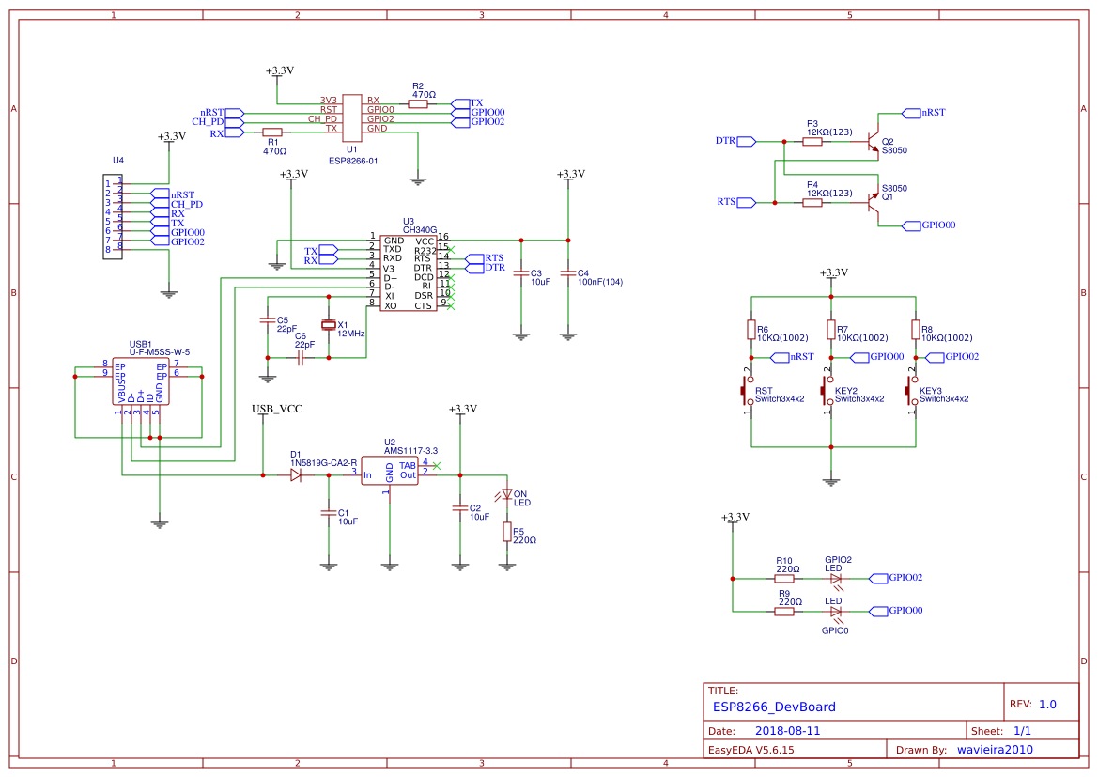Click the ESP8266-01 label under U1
click(x=352, y=161)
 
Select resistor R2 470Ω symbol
click(x=418, y=104)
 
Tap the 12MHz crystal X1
click(x=328, y=325)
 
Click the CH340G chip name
click(x=420, y=229)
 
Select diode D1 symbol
click(x=296, y=475)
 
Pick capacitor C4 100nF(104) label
click(x=600, y=282)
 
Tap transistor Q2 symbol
click(x=874, y=141)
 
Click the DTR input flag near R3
click(x=747, y=142)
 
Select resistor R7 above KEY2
click(x=830, y=329)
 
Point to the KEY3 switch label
click(x=930, y=390)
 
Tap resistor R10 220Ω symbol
click(x=784, y=579)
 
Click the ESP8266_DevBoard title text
click(x=774, y=707)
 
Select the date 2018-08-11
click(x=787, y=731)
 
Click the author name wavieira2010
click(x=995, y=750)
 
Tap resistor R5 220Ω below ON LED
click(x=507, y=533)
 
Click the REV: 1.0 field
click(x=1033, y=704)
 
